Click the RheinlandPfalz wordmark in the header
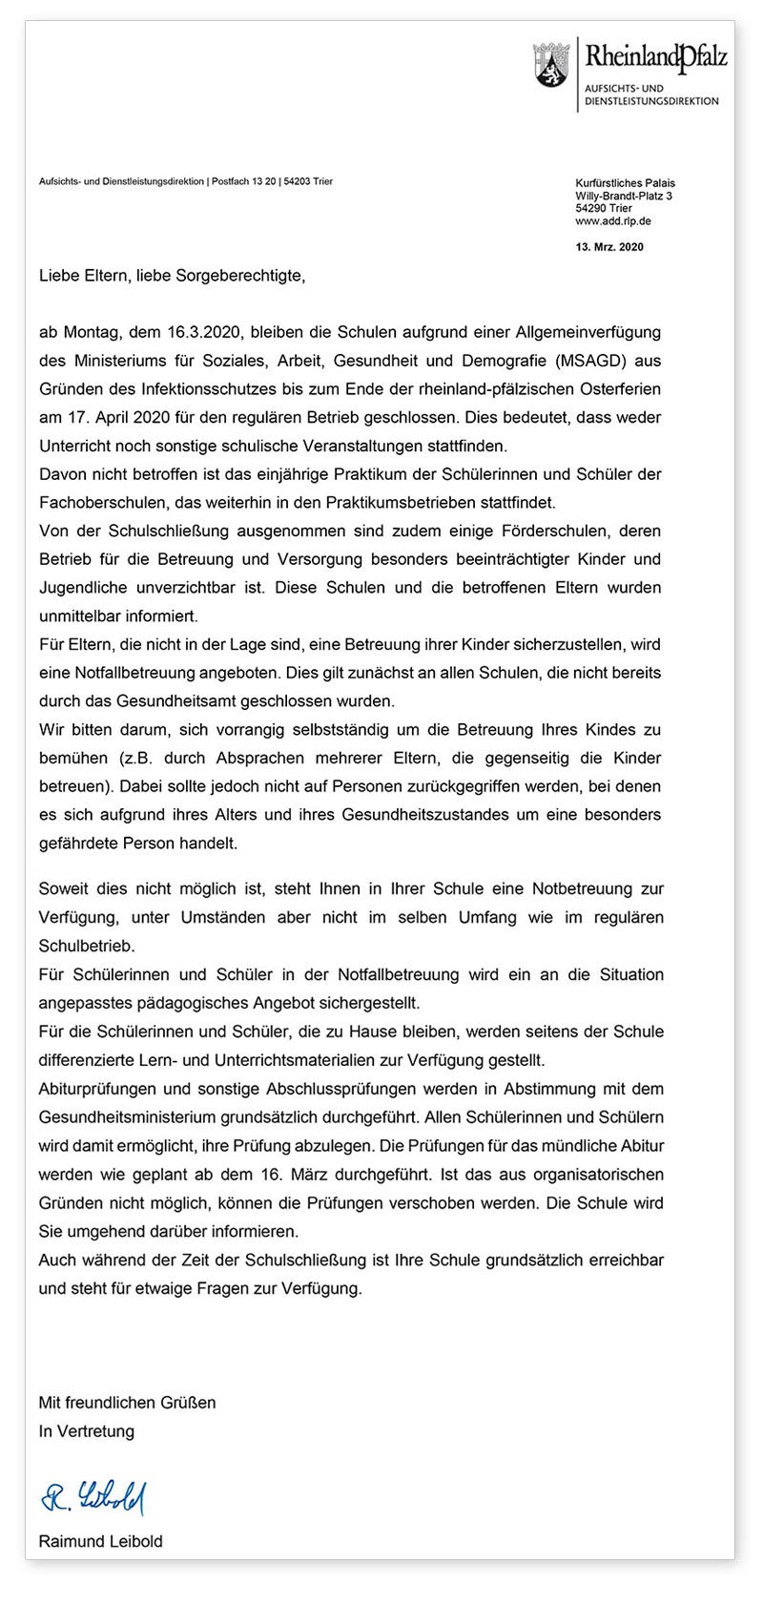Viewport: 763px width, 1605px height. point(655,57)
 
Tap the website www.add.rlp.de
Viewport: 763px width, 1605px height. point(613,221)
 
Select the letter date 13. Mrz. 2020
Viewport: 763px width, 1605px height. point(609,247)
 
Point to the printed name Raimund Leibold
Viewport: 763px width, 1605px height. point(100,1541)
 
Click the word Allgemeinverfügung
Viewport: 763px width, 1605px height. point(582,333)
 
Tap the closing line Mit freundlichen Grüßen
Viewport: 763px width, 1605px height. point(127,1403)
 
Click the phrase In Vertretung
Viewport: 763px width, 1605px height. point(86,1431)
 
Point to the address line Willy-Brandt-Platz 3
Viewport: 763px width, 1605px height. point(624,196)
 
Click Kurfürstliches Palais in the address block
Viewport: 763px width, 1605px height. point(625,183)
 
